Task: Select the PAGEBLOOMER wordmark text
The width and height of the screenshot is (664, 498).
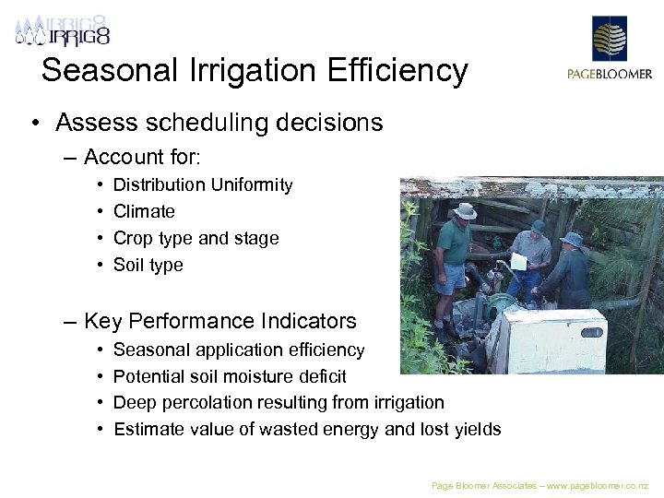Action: point(609,75)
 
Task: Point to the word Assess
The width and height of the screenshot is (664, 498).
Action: point(100,123)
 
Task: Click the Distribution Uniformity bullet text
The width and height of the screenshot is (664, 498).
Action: point(202,185)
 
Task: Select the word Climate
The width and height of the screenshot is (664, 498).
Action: point(144,212)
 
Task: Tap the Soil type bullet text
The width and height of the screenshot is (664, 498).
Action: point(148,266)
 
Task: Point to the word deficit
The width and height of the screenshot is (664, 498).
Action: point(322,376)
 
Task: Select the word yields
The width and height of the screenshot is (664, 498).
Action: point(478,429)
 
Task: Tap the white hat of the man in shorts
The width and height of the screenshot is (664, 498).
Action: point(465,211)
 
